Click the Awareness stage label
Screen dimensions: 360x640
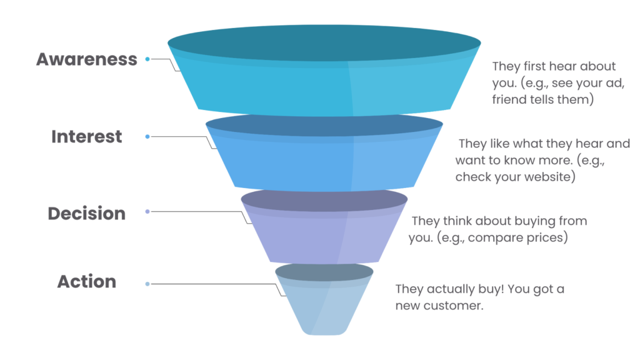click(86, 59)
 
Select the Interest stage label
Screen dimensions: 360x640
click(87, 137)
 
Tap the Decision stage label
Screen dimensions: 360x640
click(87, 214)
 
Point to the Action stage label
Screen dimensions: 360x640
click(87, 282)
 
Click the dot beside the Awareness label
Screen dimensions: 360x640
click(147, 59)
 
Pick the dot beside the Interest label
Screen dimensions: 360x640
click(147, 136)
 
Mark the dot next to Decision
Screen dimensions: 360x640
click(147, 212)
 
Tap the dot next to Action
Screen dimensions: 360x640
click(147, 284)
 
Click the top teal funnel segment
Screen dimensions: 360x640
click(324, 81)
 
